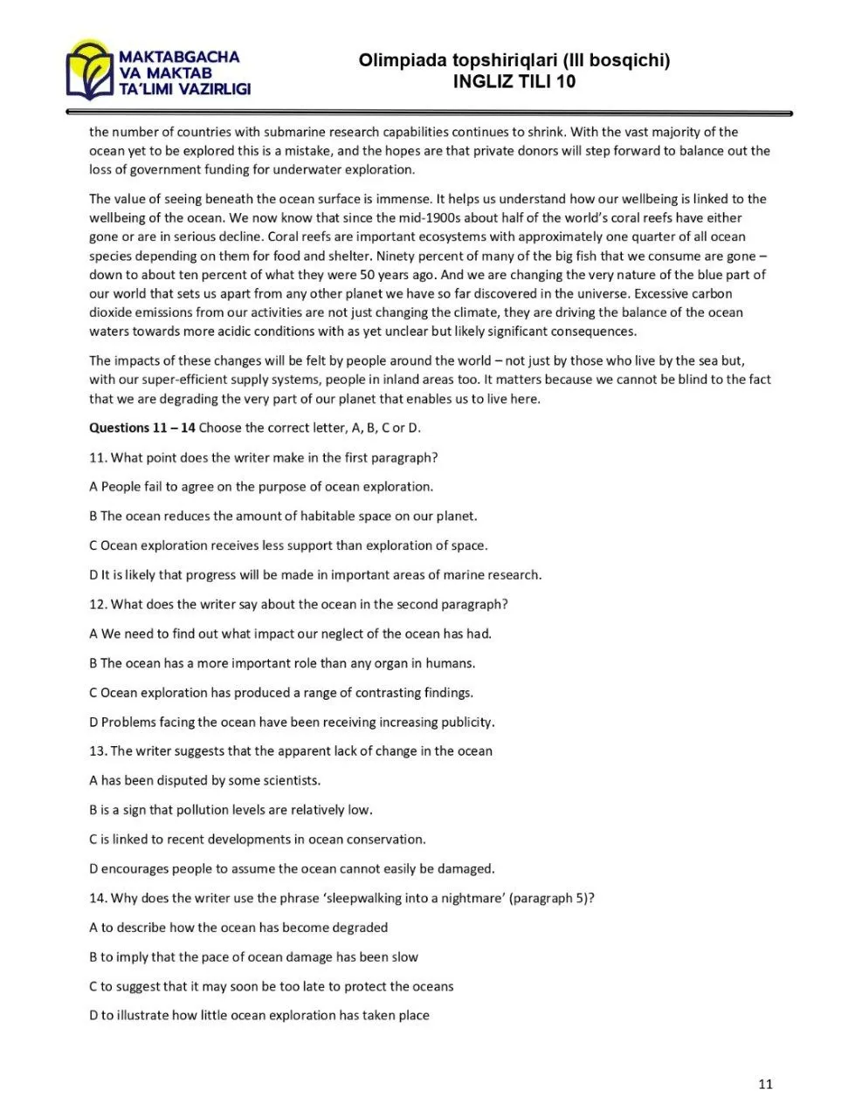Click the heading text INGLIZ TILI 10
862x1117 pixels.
pos(514,82)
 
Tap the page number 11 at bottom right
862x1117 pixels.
pos(766,1085)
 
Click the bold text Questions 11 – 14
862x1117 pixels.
pos(142,428)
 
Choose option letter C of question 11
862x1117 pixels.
pos(93,545)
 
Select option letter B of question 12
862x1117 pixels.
pos(93,663)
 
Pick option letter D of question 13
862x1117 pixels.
pos(93,868)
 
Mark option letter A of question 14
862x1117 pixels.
pos(93,928)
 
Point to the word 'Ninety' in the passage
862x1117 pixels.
pos(396,256)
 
